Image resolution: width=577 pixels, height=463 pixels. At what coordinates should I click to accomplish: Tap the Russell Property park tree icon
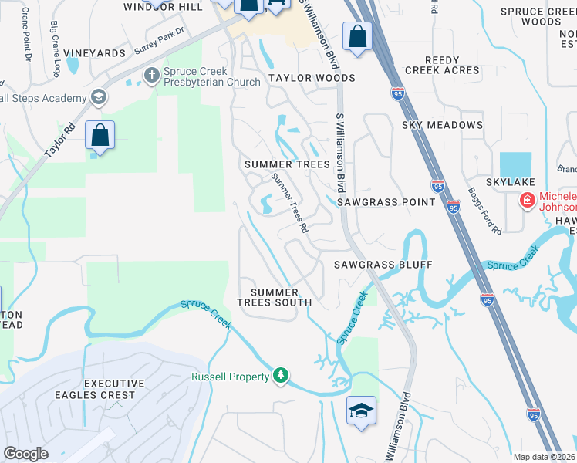point(282,376)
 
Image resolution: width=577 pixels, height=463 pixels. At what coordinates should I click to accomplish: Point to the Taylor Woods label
point(312,78)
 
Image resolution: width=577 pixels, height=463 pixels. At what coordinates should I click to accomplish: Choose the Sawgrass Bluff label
point(383,265)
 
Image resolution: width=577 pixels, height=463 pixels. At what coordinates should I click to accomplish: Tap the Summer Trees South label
point(281,297)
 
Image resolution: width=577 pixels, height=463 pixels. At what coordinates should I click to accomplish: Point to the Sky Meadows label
point(442,125)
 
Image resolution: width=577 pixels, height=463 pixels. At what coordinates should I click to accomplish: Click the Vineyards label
point(95,53)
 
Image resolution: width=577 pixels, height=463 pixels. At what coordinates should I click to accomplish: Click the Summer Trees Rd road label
point(289,203)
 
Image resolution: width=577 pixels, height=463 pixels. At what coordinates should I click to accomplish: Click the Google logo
point(25,454)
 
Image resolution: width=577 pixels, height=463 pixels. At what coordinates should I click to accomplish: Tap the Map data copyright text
point(544,457)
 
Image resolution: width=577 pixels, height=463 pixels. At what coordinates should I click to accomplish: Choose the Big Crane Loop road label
point(56,49)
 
